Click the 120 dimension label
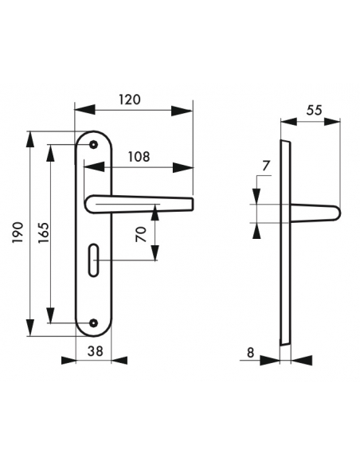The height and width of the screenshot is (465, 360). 130,100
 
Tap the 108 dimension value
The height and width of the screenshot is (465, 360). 139,157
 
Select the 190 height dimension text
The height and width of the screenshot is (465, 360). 18,232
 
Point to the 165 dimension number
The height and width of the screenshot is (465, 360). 44,232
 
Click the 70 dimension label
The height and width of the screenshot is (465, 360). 141,234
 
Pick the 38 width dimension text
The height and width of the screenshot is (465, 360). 96,351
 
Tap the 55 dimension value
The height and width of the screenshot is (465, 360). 314,111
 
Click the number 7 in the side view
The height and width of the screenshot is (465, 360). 266,166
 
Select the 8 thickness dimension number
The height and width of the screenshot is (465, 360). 251,353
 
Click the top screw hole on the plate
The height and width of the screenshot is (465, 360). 94,145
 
